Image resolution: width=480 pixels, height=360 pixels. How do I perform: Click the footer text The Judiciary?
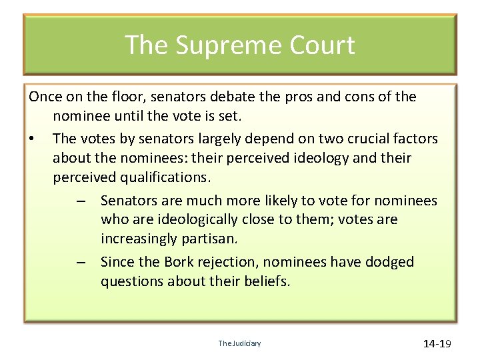tap(239, 344)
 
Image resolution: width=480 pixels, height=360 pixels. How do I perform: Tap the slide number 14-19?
tap(437, 344)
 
